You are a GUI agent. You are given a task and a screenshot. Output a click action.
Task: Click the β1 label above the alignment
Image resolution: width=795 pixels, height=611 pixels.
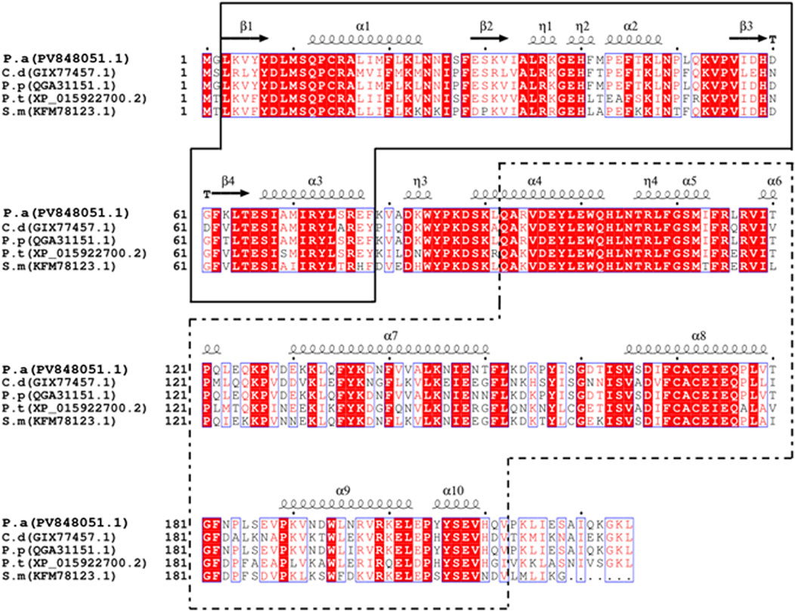(246, 25)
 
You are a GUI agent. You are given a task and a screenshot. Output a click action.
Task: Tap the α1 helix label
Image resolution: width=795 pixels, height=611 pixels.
(363, 25)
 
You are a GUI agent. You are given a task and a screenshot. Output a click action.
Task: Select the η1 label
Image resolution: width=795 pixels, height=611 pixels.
(544, 25)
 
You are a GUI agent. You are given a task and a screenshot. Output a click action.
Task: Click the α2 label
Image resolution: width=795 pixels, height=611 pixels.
(631, 25)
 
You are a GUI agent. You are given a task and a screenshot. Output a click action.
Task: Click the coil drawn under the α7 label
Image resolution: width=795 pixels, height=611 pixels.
(389, 347)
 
